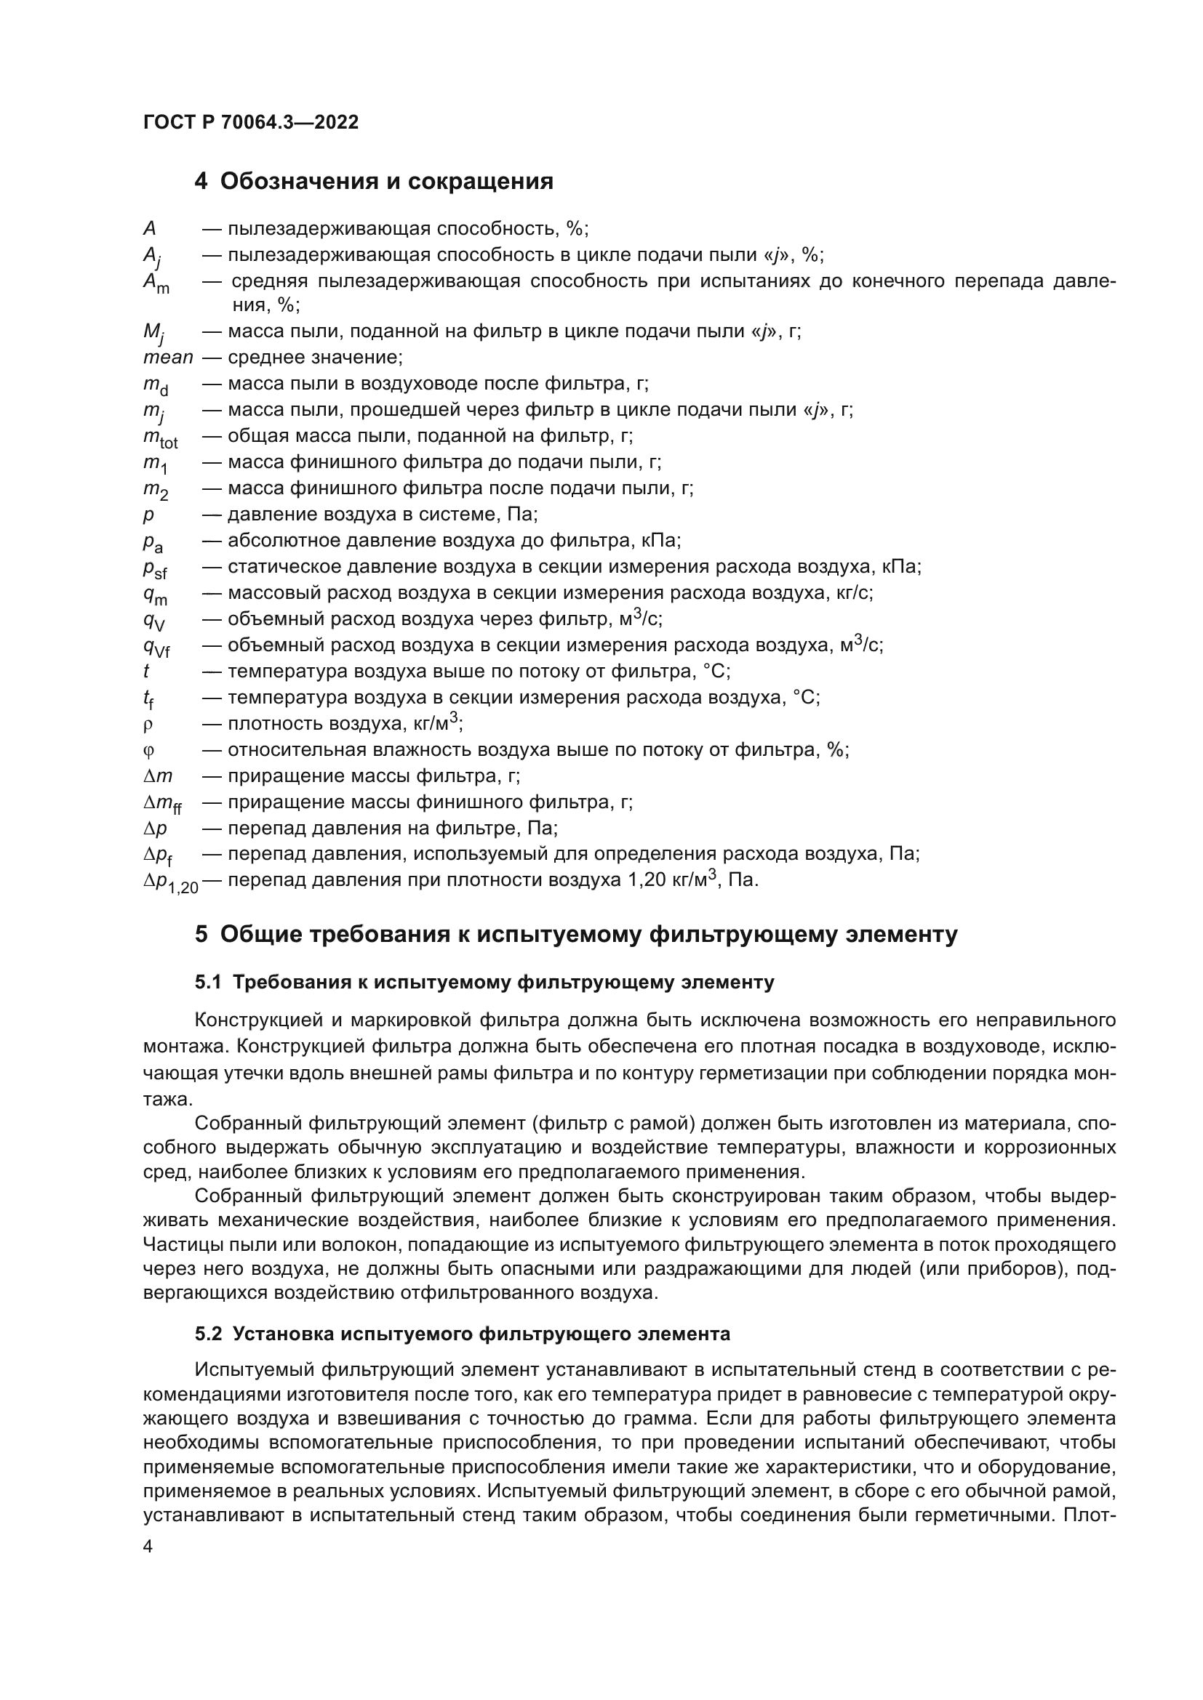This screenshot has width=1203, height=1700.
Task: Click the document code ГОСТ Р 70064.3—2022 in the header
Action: coord(250,122)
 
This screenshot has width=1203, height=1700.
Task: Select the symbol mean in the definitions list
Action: coord(167,358)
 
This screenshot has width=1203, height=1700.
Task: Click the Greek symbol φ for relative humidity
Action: coord(148,751)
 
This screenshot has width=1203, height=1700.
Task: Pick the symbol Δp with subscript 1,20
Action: coord(170,882)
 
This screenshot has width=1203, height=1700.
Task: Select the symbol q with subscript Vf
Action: coord(156,647)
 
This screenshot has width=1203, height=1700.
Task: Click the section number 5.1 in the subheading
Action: coord(209,983)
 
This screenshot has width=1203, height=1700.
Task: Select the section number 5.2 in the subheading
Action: coord(209,1334)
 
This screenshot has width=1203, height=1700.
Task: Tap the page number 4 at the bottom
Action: coord(148,1546)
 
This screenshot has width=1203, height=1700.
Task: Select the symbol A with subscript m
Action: coord(156,283)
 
